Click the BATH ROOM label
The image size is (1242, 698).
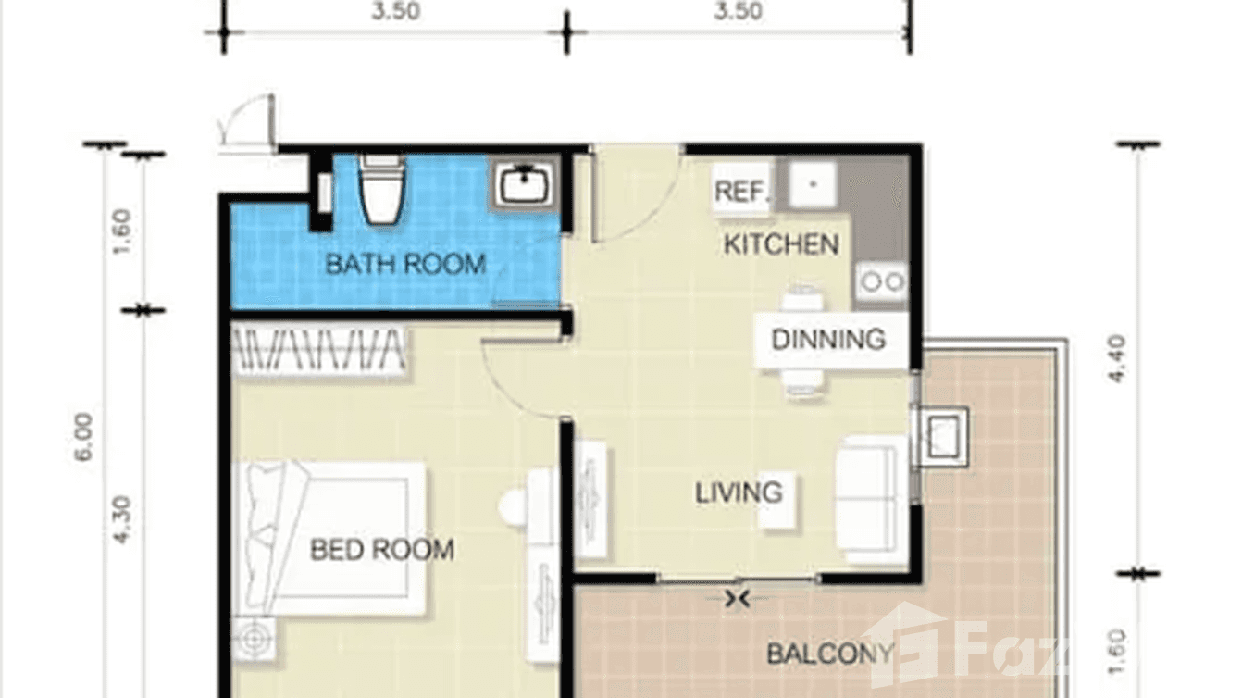pos(404,264)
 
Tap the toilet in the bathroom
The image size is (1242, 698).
pos(381,190)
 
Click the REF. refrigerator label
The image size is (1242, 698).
pos(742,193)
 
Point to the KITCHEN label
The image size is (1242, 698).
pos(780,244)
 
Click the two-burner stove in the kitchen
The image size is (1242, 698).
pos(881,281)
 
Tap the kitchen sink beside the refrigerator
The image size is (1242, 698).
pos(813,184)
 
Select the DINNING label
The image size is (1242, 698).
pos(828,339)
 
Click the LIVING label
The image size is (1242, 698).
pos(739,492)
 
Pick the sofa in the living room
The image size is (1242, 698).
pos(871,499)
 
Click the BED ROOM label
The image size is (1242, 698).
pos(381,550)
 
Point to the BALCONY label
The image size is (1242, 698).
pos(830,654)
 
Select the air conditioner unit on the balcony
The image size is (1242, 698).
pos(942,436)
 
